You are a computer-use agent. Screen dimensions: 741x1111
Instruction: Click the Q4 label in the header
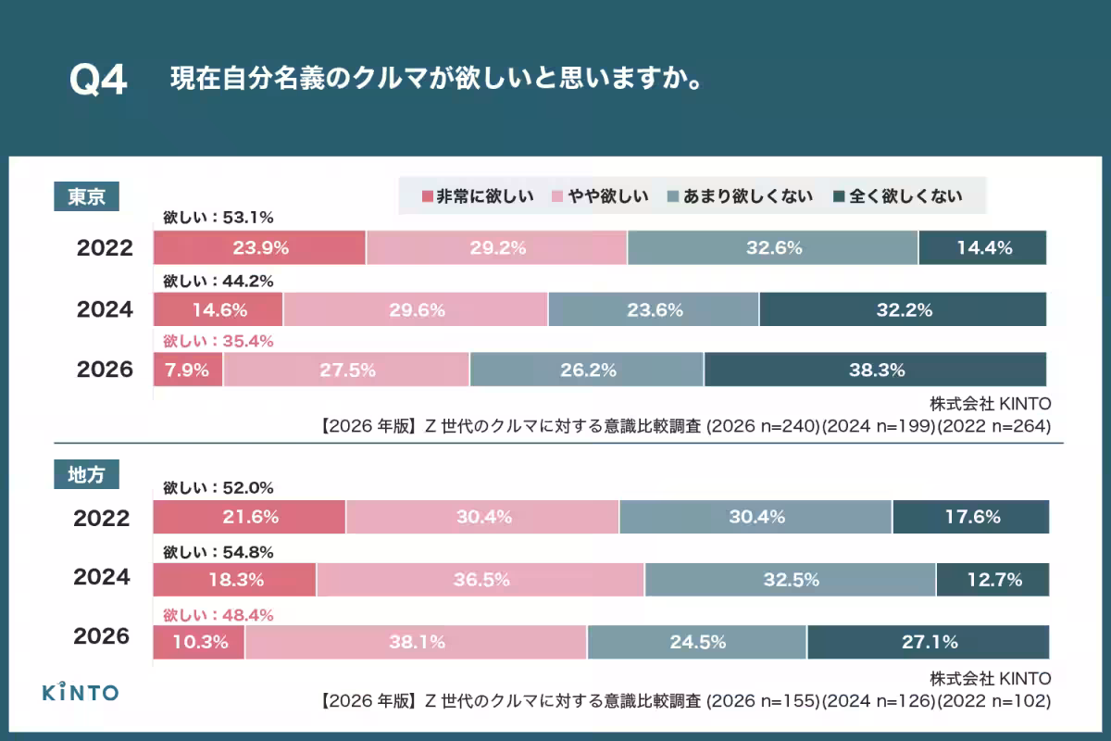(97, 81)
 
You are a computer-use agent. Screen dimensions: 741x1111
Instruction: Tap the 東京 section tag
(86, 196)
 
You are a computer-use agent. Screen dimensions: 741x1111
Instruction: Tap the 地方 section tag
(86, 475)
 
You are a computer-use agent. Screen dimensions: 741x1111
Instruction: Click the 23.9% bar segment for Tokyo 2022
(259, 248)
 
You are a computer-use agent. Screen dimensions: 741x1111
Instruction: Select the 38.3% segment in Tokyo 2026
(875, 370)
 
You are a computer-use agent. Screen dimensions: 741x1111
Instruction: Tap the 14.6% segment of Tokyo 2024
(218, 309)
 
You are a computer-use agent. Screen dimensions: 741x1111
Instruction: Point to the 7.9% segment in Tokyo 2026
(188, 370)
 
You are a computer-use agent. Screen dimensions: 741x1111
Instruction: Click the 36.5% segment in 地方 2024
(481, 580)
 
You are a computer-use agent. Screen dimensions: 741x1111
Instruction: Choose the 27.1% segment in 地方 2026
(928, 641)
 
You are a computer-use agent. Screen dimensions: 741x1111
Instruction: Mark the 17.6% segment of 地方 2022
(970, 517)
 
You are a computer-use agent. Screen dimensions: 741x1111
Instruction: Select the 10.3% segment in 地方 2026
(199, 641)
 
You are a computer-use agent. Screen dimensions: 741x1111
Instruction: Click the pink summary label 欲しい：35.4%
(218, 341)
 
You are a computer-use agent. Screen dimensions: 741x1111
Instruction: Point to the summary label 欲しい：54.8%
(218, 552)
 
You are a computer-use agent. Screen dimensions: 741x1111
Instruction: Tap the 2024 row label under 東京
(105, 309)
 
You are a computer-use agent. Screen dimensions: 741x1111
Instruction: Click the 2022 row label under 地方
(102, 518)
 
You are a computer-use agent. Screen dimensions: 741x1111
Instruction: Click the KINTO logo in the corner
(81, 691)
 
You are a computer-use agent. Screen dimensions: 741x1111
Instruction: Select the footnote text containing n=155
(685, 700)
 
